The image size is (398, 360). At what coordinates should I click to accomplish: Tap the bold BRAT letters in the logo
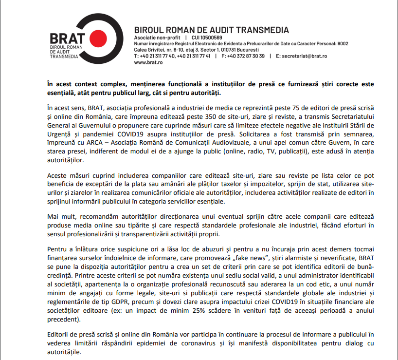pos(68,38)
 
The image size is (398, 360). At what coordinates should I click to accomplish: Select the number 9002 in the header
pos(343,44)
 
